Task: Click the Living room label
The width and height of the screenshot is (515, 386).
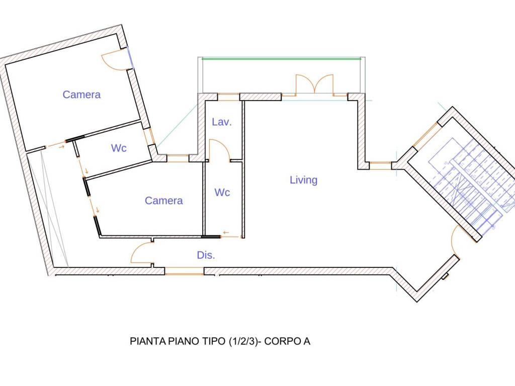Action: [x=303, y=180]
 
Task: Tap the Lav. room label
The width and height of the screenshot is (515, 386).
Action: [x=222, y=122]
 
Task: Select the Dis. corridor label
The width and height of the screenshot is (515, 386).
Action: [x=206, y=255]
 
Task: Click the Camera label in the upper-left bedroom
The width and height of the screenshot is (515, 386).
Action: [x=81, y=94]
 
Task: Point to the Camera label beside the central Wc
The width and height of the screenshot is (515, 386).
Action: [x=163, y=201]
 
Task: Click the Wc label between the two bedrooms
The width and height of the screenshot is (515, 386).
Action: [x=119, y=148]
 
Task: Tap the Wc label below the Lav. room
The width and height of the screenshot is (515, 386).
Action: [x=222, y=192]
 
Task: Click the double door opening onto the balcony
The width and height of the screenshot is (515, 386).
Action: [x=315, y=84]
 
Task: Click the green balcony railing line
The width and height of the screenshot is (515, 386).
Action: [x=282, y=59]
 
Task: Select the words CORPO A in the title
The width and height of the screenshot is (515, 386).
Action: [x=287, y=341]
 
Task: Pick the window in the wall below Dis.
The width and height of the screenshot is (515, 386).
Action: [x=184, y=271]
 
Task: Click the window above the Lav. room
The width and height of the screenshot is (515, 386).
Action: [x=229, y=97]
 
